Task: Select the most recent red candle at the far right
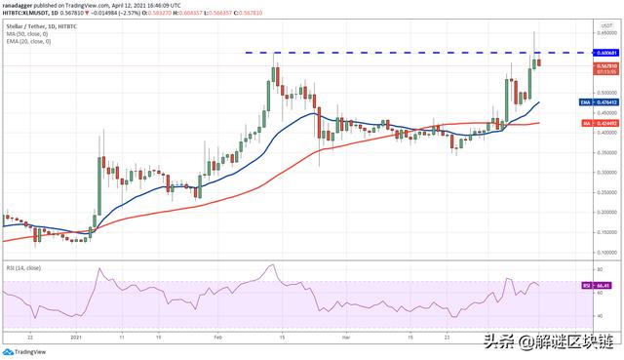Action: tap(541, 63)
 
